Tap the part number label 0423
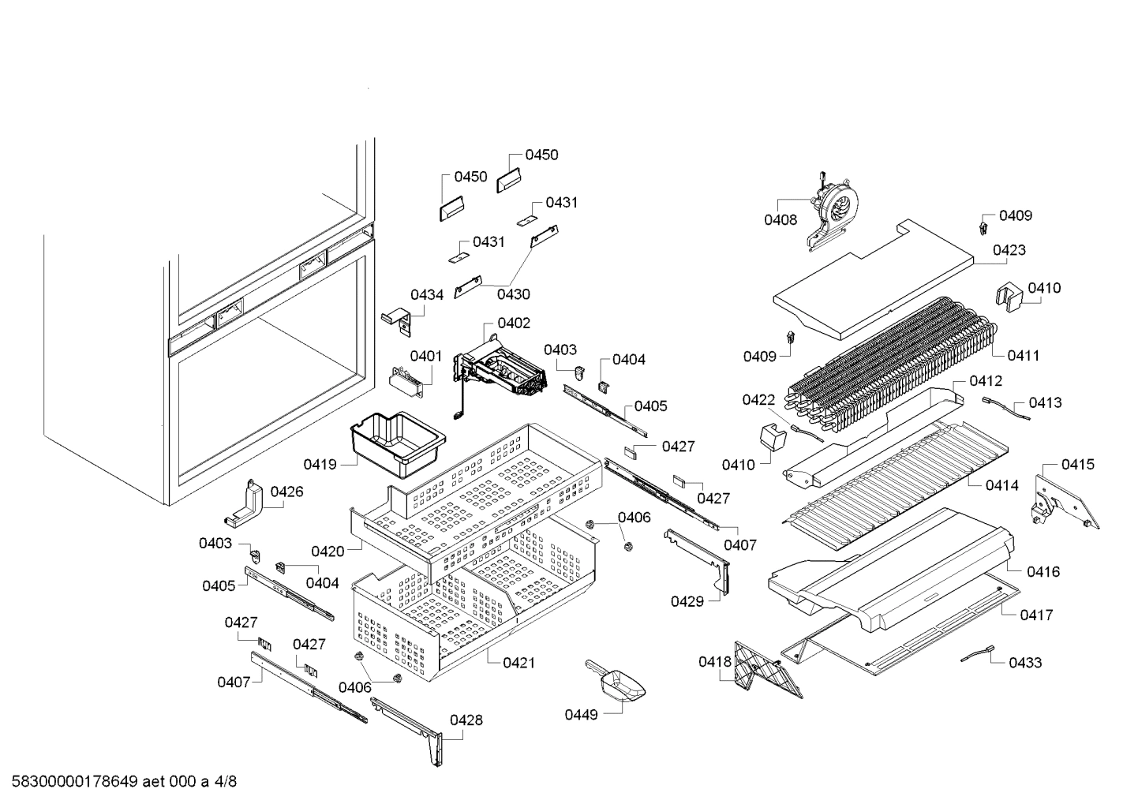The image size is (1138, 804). click(x=1009, y=250)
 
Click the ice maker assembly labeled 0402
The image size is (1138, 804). click(x=501, y=372)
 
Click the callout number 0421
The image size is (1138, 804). click(x=518, y=663)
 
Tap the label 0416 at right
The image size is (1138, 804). click(x=1043, y=571)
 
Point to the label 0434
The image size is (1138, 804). click(x=427, y=294)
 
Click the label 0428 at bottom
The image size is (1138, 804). click(x=466, y=720)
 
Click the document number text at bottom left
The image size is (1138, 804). click(x=119, y=782)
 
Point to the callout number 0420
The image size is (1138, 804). click(x=328, y=551)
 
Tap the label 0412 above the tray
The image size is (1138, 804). click(x=986, y=380)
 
